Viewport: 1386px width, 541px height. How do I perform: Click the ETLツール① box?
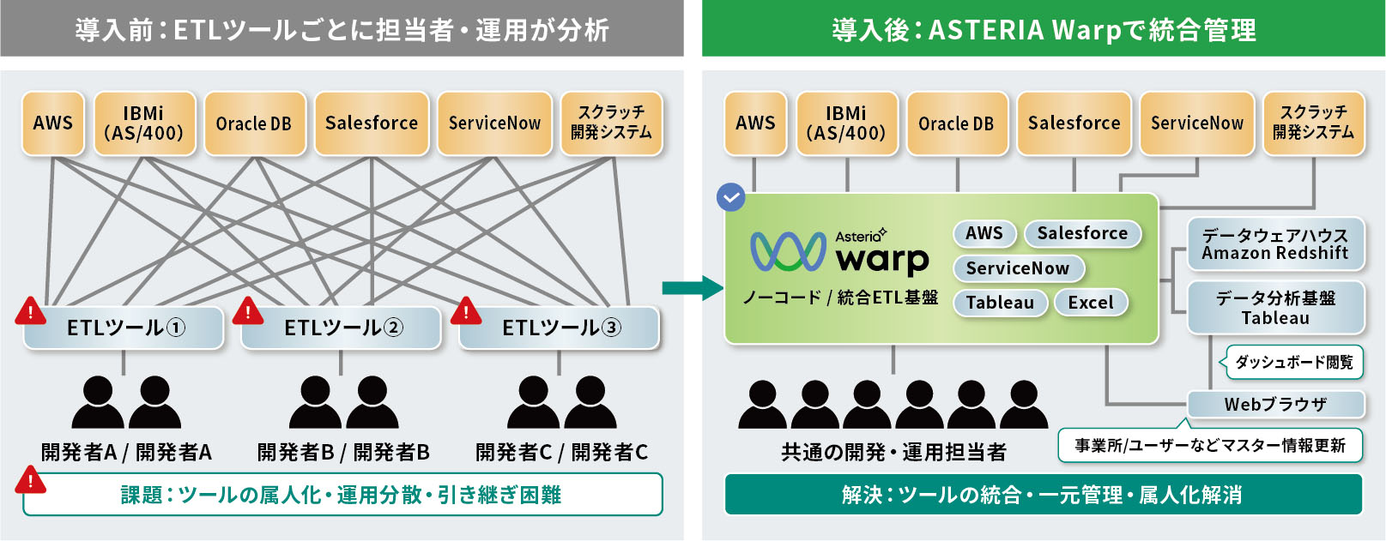pyautogui.click(x=125, y=328)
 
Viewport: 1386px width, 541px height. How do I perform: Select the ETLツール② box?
pyautogui.click(x=342, y=328)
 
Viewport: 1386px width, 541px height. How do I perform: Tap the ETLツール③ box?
pyautogui.click(x=560, y=328)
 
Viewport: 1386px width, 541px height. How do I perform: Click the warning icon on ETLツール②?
pyautogui.click(x=248, y=310)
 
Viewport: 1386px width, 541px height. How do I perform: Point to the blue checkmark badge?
pyautogui.click(x=730, y=197)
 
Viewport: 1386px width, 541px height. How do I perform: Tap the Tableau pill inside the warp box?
pyautogui.click(x=1000, y=303)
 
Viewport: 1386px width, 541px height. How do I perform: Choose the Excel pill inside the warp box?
pyautogui.click(x=1091, y=303)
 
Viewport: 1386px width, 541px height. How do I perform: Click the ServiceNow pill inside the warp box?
pyautogui.click(x=1018, y=268)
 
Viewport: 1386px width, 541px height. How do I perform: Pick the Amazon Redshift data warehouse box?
pyautogui.click(x=1274, y=243)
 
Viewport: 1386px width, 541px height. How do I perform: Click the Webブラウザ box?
pyautogui.click(x=1275, y=404)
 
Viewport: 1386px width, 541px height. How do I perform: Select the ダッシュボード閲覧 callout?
pyautogui.click(x=1293, y=362)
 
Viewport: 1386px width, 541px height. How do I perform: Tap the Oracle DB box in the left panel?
pyautogui.click(x=254, y=123)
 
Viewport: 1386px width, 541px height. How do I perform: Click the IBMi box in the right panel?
pyautogui.click(x=846, y=123)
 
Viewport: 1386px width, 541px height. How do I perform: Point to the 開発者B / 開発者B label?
pyautogui.click(x=343, y=452)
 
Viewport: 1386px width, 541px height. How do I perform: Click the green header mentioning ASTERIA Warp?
pyautogui.click(x=1043, y=30)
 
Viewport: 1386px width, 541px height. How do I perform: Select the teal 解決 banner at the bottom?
pyautogui.click(x=1043, y=495)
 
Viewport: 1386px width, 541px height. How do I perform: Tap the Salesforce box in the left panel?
pyautogui.click(x=372, y=123)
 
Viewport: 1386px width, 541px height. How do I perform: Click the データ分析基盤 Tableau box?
pyautogui.click(x=1275, y=308)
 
